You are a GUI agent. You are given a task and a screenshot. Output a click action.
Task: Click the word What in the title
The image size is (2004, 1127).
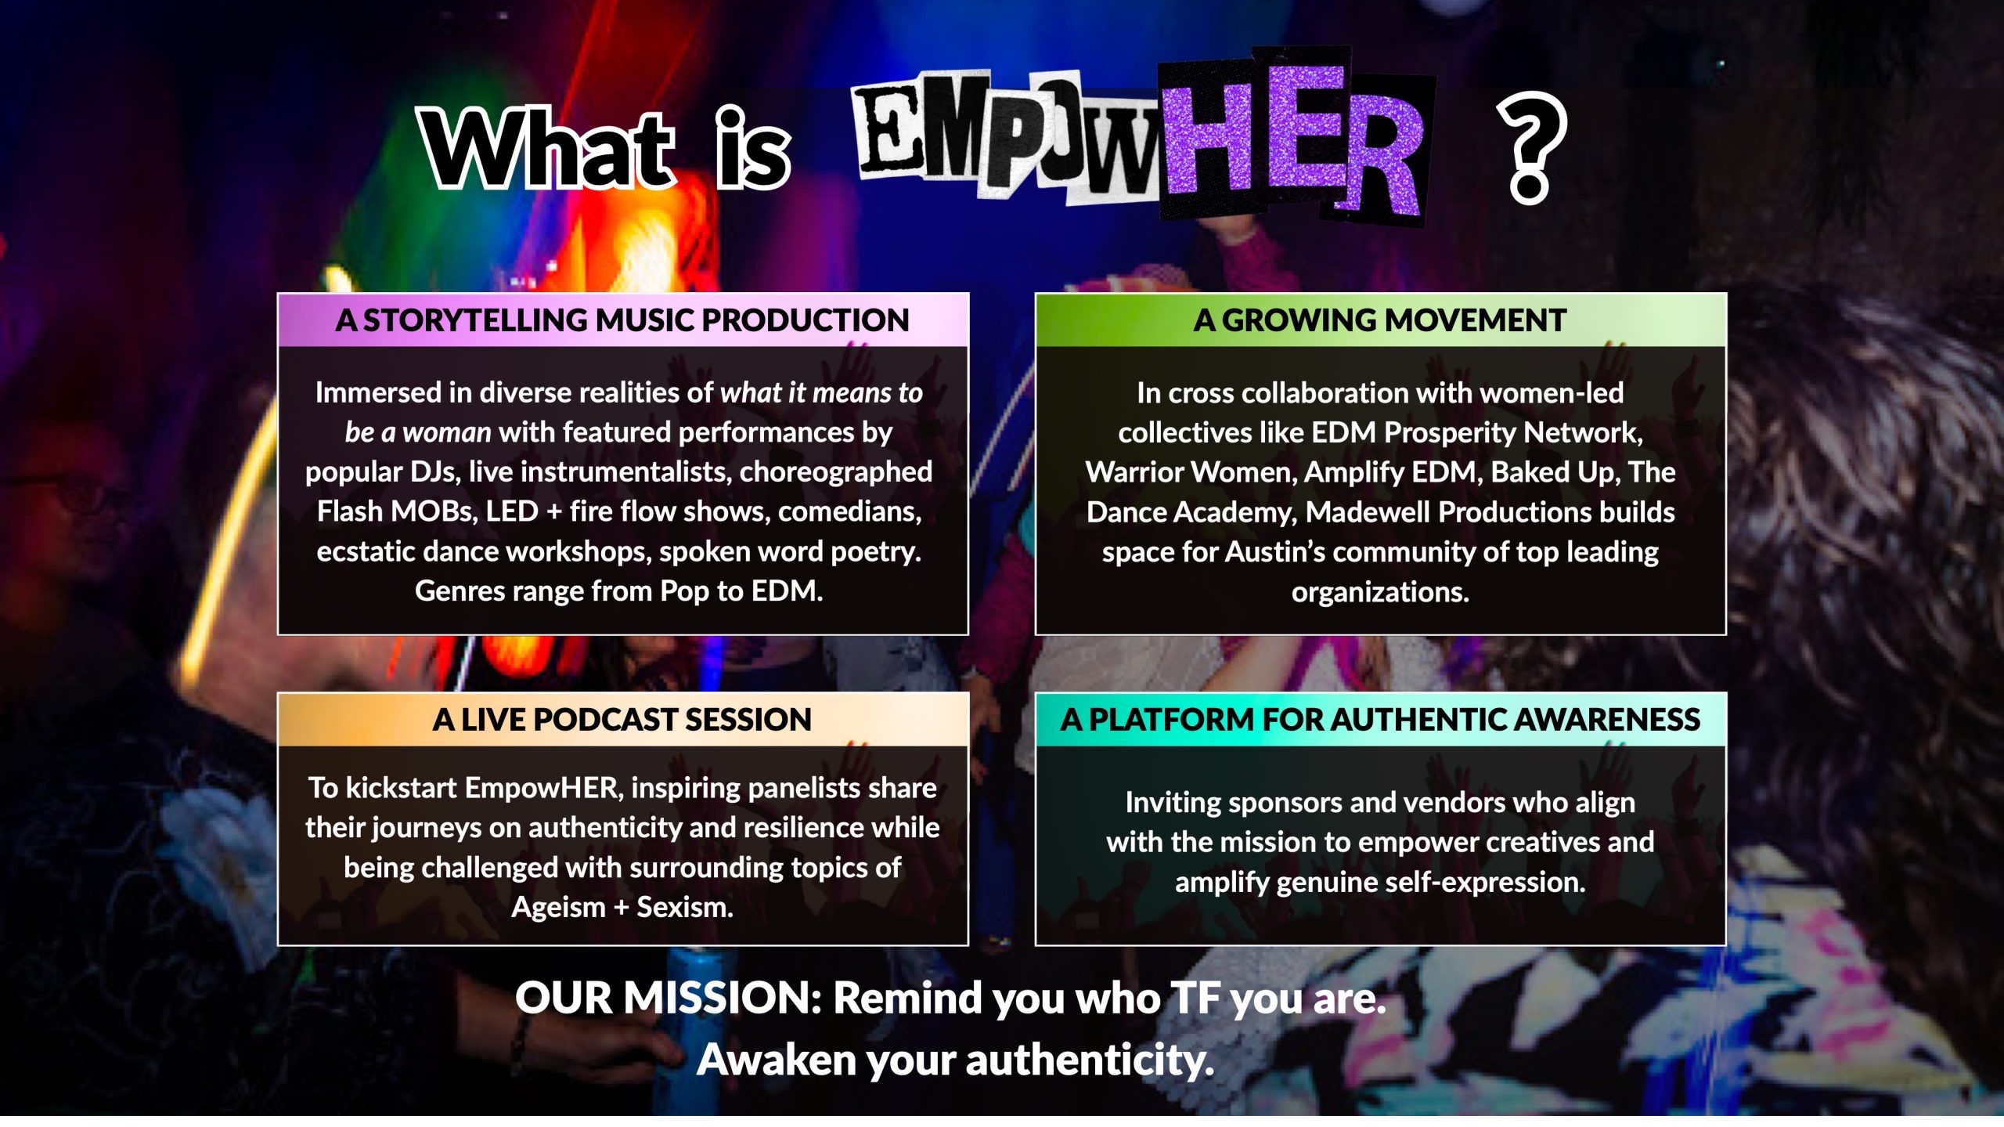tap(548, 149)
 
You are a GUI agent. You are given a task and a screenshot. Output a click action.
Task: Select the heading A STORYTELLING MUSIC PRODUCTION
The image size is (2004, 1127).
tap(622, 320)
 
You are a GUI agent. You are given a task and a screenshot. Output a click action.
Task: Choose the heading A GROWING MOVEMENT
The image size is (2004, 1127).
tap(1379, 320)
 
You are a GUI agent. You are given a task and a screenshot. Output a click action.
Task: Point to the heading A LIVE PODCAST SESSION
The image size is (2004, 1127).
tap(622, 720)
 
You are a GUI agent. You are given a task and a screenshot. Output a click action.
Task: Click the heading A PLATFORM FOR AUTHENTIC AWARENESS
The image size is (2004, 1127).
tap(1379, 720)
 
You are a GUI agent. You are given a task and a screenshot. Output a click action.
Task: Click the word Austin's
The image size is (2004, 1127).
tap(1275, 552)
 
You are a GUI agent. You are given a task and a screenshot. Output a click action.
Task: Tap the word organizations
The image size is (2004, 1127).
tap(1379, 592)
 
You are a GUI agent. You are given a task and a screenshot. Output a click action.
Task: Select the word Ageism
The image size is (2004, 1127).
tap(558, 907)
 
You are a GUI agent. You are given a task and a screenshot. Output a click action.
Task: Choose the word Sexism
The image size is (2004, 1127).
tap(685, 907)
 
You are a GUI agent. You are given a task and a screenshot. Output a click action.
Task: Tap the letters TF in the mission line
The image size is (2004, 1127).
tap(1195, 999)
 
